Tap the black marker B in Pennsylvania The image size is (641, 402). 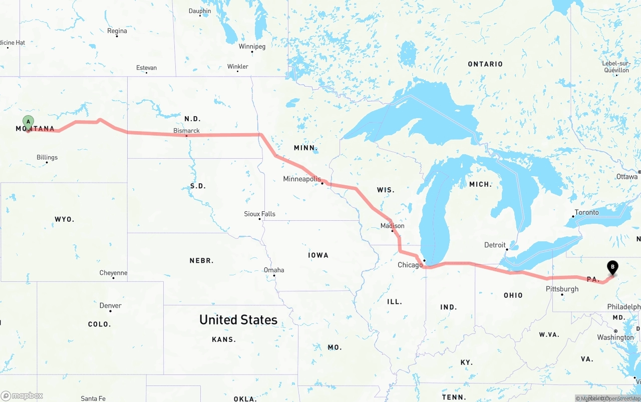tap(612, 267)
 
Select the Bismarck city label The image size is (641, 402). tap(186, 131)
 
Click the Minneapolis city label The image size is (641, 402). tap(301, 179)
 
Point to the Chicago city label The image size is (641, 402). tap(410, 265)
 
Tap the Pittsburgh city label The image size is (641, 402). tap(562, 289)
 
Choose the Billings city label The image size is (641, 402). tap(47, 157)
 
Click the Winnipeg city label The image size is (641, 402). tap(252, 47)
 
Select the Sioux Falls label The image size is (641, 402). tap(259, 214)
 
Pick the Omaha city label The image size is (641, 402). tap(274, 270)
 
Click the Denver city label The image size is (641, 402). tap(110, 305)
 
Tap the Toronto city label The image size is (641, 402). tap(586, 212)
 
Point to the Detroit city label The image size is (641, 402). tap(495, 245)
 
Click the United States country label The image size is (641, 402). tap(238, 319)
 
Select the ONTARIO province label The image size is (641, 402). tap(485, 64)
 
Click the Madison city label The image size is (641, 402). tap(392, 226)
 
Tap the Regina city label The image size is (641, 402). tap(117, 31)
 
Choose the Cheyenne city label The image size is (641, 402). tap(113, 273)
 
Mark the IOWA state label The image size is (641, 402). tap(318, 255)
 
